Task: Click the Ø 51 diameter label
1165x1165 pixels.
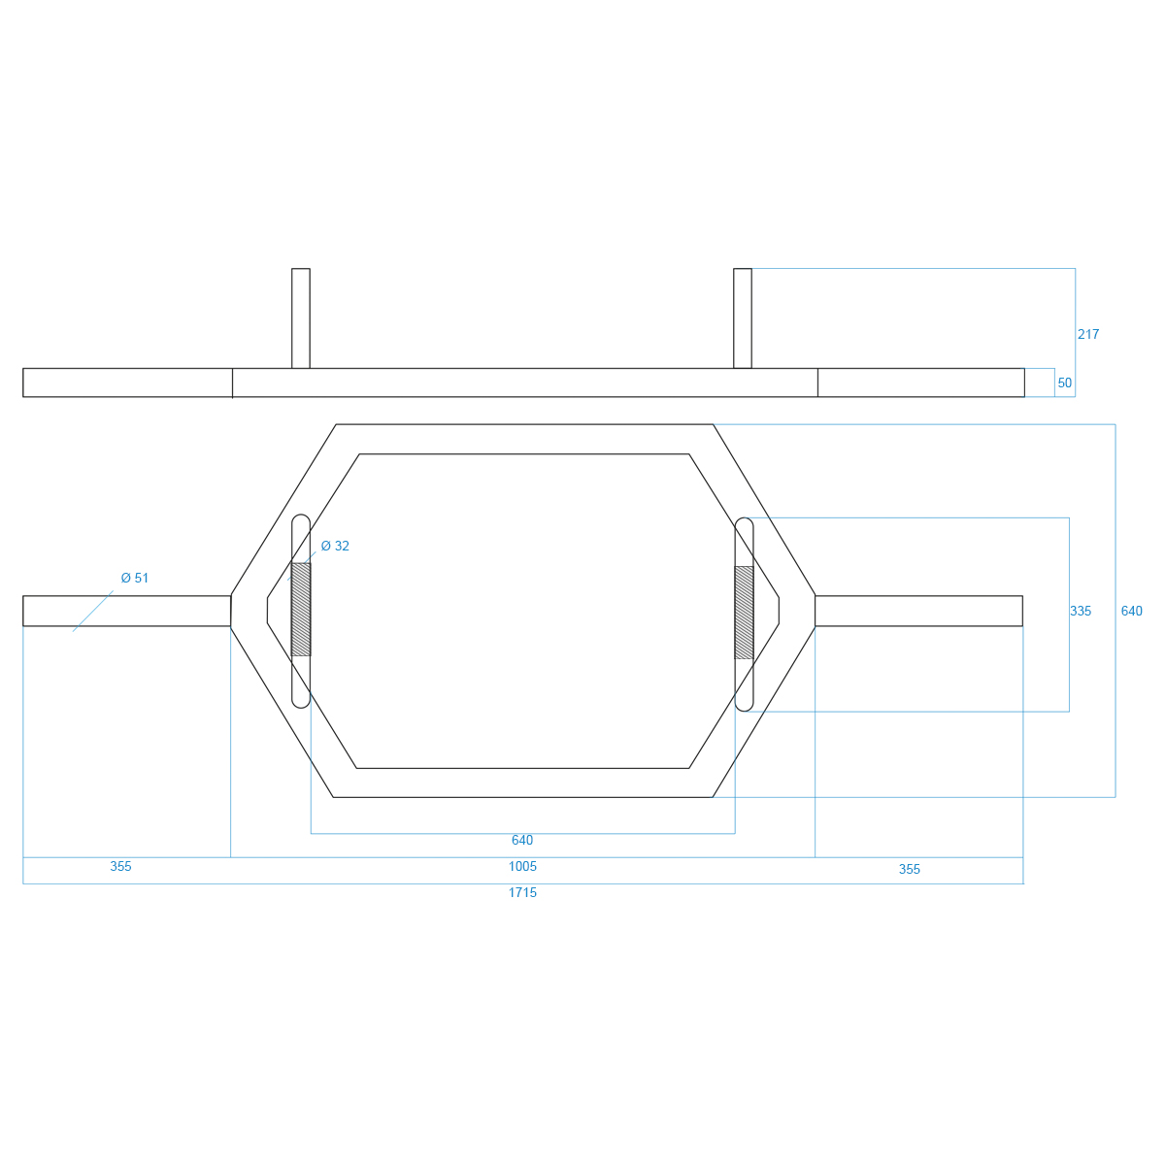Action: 134,578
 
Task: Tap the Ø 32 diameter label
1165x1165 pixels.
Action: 335,546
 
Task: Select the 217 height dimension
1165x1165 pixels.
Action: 1087,334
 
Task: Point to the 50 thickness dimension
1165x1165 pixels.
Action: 1065,383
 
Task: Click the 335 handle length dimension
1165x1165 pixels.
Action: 1081,612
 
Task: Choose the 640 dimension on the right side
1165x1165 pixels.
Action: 1131,612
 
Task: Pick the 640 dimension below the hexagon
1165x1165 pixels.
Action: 522,840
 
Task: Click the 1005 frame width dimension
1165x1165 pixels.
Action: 522,866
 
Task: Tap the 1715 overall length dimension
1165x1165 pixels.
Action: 522,892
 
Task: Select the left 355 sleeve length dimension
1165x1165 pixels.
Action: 121,866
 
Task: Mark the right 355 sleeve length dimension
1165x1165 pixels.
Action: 910,869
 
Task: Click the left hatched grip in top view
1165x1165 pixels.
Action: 301,610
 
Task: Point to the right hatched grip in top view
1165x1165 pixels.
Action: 744,613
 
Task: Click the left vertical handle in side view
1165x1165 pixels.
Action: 301,318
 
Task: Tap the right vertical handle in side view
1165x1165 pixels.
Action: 743,318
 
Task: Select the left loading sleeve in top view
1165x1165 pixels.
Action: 127,611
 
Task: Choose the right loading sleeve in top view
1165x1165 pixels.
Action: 919,611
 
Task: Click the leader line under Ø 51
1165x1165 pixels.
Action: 93,612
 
